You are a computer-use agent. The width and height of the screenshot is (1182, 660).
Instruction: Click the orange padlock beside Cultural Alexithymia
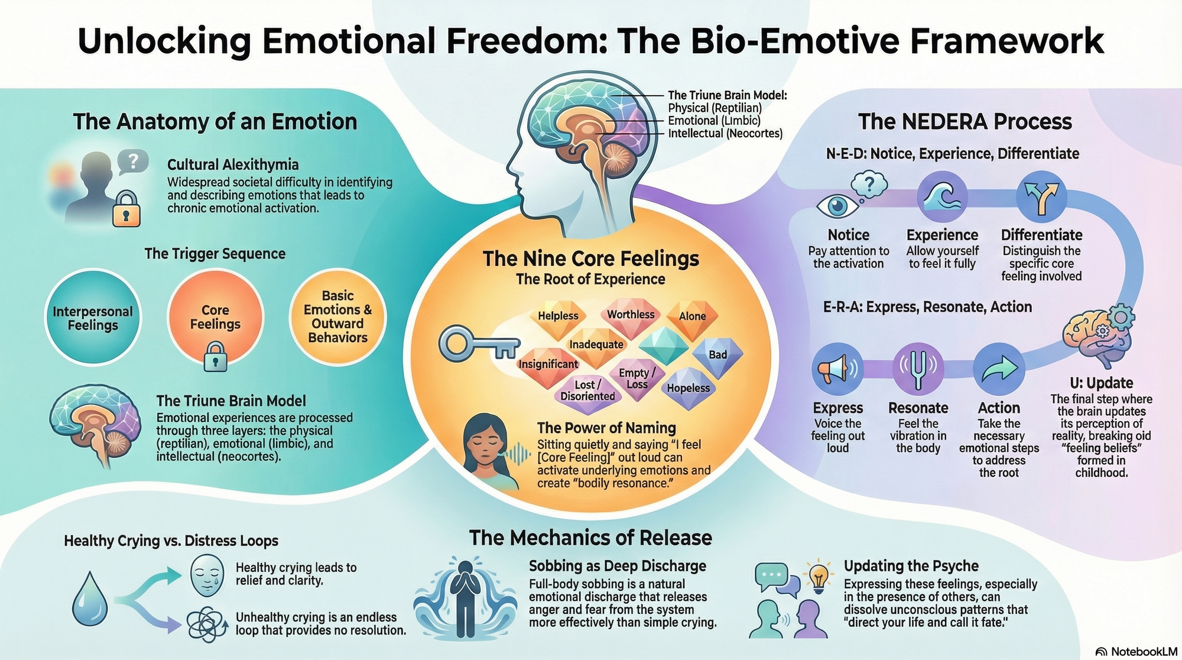coord(126,209)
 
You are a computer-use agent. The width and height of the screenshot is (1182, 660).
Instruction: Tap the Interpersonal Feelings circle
coord(93,318)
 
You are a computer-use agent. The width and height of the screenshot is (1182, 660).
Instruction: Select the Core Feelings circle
coord(215,318)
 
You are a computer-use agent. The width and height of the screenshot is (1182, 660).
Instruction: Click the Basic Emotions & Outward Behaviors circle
coord(337,316)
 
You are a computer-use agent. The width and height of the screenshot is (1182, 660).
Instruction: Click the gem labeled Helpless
coord(557,318)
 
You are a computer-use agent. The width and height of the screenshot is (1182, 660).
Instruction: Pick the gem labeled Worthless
coord(630,316)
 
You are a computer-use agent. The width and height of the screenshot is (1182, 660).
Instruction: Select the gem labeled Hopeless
coord(688,388)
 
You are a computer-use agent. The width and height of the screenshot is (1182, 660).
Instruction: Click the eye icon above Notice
coord(838,206)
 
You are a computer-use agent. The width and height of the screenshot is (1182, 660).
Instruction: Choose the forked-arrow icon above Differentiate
coord(1041,197)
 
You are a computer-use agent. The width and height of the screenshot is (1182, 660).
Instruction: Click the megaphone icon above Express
coord(837,369)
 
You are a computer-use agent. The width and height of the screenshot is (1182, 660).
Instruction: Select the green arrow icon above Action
coord(998,369)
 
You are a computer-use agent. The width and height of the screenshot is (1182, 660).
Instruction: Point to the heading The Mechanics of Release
coord(590,538)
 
